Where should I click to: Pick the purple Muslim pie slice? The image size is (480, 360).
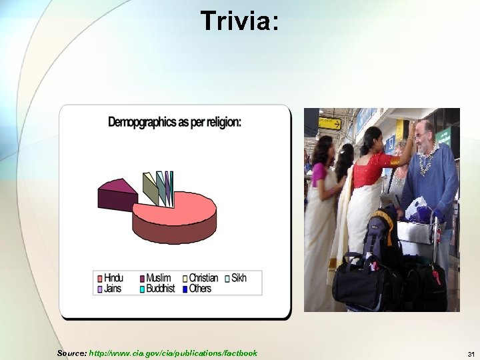coord(117,194)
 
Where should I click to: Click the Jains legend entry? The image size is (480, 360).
coord(109,288)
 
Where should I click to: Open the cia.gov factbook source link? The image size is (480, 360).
coord(173,353)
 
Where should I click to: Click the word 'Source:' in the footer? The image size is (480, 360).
coord(71,353)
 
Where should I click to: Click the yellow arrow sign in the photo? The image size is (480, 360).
coord(329,123)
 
